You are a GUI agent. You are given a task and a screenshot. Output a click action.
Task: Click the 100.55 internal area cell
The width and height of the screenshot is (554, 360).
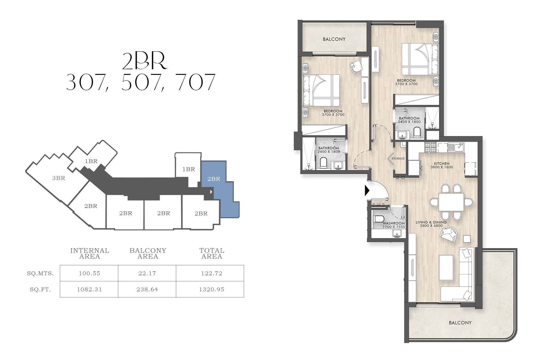pyautogui.click(x=89, y=273)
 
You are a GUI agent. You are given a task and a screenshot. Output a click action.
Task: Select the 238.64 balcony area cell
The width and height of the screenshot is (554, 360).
pyautogui.click(x=147, y=289)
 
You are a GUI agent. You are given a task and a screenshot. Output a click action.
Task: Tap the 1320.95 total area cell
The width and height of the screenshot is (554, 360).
pyautogui.click(x=212, y=289)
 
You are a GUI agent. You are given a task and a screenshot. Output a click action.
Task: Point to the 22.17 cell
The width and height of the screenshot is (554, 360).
pyautogui.click(x=147, y=273)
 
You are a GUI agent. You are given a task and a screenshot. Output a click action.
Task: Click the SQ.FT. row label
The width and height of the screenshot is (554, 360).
pyautogui.click(x=40, y=290)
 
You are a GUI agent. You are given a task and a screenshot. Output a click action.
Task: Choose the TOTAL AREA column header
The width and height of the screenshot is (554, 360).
pyautogui.click(x=212, y=253)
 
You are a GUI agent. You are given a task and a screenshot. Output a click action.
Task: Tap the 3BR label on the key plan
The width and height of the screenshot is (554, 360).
pyautogui.click(x=59, y=178)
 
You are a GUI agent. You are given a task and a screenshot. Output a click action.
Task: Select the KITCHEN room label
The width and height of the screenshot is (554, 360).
pyautogui.click(x=442, y=163)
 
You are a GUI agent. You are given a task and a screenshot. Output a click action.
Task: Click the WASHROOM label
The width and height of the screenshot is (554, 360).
pyautogui.click(x=394, y=223)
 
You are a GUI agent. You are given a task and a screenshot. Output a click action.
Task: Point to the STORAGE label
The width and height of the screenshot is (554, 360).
pyautogui.click(x=398, y=158)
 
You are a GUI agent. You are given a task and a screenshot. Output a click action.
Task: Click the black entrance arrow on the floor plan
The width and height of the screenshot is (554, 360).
pyautogui.click(x=367, y=191)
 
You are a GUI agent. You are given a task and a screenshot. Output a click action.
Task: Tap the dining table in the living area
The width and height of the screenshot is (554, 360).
pyautogui.click(x=451, y=202)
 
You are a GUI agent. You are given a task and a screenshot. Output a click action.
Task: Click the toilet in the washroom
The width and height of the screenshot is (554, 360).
pyautogui.click(x=378, y=219)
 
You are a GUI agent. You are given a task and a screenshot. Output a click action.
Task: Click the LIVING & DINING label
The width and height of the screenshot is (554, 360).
pyautogui.click(x=431, y=222)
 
